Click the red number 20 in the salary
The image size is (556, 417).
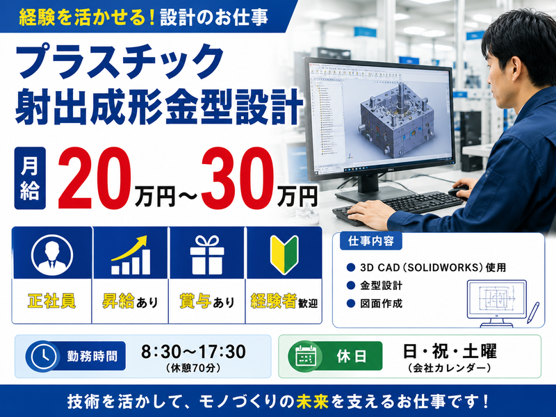95,178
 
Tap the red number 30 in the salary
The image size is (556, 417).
238,178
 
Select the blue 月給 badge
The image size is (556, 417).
30,178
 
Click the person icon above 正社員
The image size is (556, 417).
51,254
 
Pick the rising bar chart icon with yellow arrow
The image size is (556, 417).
130,255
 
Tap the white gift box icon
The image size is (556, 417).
207,255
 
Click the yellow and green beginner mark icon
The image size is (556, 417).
284,255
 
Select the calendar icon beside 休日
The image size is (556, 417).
305,356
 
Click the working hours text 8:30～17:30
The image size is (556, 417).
193,352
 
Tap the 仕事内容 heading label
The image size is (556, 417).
371,241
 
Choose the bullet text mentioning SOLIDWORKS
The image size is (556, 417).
432,268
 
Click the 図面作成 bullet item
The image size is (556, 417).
381,304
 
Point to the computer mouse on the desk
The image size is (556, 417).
459,191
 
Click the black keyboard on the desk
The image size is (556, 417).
397,207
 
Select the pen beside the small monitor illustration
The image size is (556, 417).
533,312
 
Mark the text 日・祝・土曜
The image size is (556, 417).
450,352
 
